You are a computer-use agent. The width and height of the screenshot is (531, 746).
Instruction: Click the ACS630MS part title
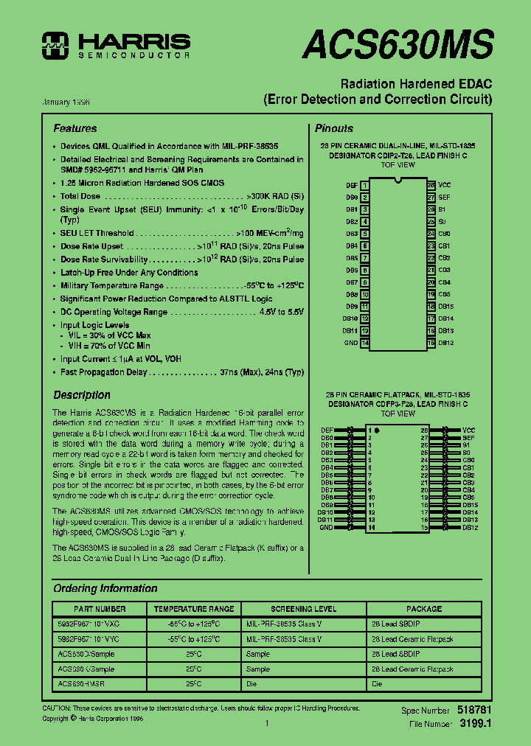[398, 45]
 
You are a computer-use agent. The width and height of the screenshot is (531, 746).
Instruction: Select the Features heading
[74, 128]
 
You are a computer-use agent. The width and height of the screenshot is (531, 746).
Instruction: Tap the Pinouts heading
[334, 128]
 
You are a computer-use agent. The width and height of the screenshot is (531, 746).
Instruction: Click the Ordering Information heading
[105, 588]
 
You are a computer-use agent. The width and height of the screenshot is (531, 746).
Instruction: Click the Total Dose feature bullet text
[80, 197]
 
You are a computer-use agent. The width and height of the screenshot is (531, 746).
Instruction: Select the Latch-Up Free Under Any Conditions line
[129, 272]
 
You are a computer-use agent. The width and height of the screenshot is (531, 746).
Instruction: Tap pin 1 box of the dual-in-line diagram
[364, 185]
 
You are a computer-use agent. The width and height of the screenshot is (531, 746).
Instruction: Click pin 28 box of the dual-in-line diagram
[431, 185]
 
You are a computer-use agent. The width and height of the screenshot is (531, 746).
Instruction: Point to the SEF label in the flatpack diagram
[468, 438]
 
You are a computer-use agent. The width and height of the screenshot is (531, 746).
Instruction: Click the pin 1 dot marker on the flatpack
[377, 430]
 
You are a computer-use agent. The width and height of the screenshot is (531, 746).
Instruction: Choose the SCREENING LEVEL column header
[303, 609]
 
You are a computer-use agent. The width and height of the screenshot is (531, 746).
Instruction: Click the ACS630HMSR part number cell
[81, 684]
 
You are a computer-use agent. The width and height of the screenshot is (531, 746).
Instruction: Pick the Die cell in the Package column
[377, 684]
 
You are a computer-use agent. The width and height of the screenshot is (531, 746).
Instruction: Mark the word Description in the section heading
[82, 395]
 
